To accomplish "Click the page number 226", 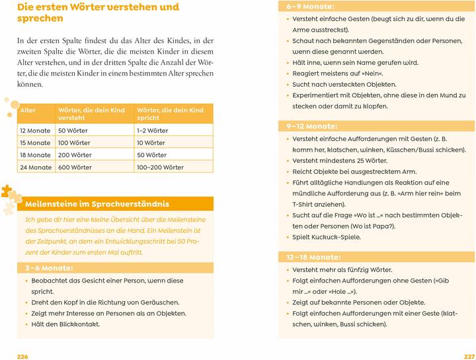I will click(22, 356).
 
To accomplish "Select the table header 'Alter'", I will click(28, 109).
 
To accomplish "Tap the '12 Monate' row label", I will click(35, 130).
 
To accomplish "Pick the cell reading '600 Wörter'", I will click(75, 167).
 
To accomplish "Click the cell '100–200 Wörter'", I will click(160, 167).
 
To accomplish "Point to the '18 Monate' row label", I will click(35, 155).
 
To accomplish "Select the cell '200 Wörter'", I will click(74, 155).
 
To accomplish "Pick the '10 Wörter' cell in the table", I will click(151, 143).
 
